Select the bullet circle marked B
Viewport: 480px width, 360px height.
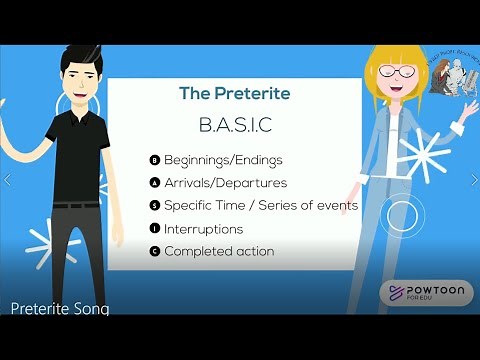click(x=154, y=160)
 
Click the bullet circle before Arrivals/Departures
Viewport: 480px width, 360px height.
click(x=154, y=183)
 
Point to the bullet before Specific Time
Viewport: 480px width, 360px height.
click(x=154, y=206)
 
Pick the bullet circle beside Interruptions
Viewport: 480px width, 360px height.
click(x=154, y=229)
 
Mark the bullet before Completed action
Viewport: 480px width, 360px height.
click(x=154, y=251)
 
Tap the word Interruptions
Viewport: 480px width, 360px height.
click(x=204, y=229)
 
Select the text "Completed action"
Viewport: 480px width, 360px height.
click(x=219, y=251)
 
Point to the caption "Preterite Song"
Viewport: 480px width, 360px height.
click(x=59, y=309)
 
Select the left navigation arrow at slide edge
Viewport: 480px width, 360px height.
click(x=8, y=181)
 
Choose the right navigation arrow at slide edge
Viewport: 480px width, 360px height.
click(x=472, y=181)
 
